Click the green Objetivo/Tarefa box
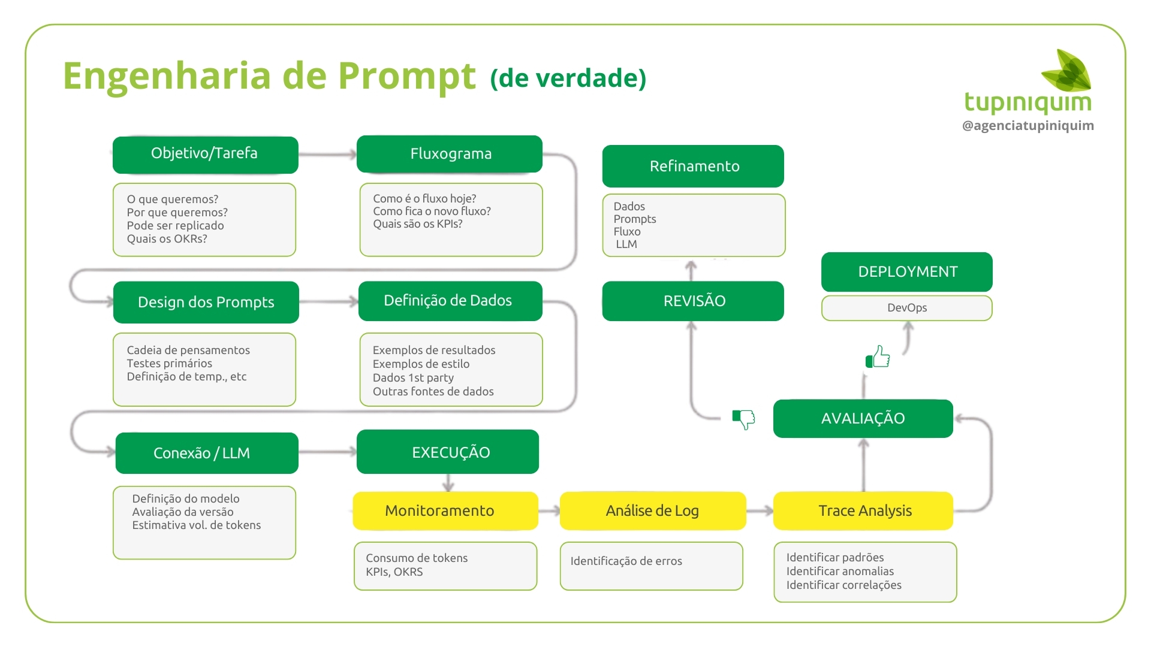(205, 155)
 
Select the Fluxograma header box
(450, 154)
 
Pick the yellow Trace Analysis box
(863, 510)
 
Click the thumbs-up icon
(878, 357)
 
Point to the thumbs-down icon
(743, 419)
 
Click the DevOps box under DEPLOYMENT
(906, 308)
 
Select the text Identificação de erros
(626, 561)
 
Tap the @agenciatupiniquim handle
(1028, 126)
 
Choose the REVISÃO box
(693, 301)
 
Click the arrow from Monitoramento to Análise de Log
(549, 510)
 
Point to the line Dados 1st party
(413, 378)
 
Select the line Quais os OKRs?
(167, 239)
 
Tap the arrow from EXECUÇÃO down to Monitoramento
(448, 483)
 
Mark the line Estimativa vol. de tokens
(196, 525)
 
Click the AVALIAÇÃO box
(863, 418)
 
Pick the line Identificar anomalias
(839, 572)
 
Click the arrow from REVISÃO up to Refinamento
(691, 270)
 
